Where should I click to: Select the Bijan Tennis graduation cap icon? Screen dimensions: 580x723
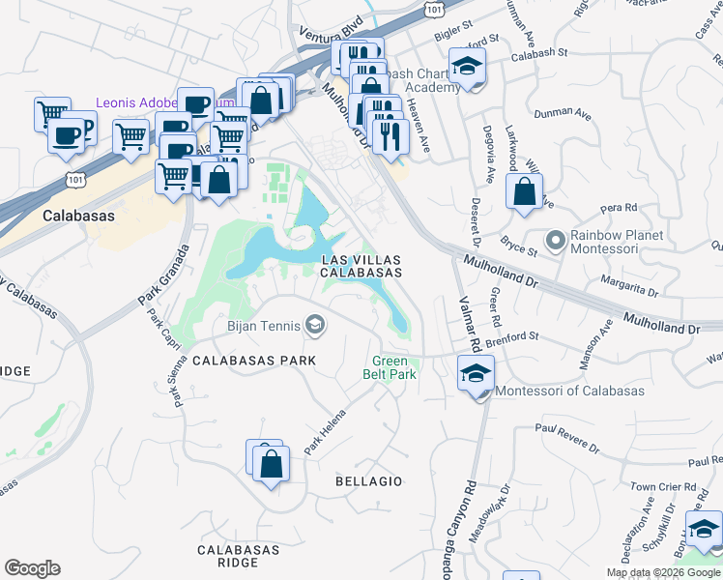(x=314, y=325)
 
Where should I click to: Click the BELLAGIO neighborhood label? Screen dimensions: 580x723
(x=367, y=480)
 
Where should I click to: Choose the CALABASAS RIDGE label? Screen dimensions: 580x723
(x=227, y=556)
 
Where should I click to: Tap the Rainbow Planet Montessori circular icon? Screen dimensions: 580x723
(x=555, y=239)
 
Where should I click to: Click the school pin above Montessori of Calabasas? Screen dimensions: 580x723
(x=476, y=375)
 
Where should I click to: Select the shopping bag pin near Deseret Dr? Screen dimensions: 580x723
(x=523, y=192)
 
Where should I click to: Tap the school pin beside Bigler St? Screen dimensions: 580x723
(x=468, y=68)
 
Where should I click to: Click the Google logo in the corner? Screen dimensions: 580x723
(x=32, y=568)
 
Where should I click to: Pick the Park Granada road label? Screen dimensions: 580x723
(x=163, y=275)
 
